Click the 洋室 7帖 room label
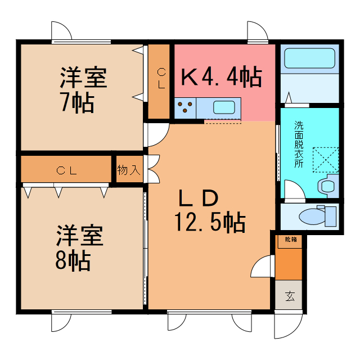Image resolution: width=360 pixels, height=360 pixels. pyautogui.click(x=83, y=90)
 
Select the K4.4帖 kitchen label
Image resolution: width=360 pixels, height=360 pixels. pyautogui.click(x=221, y=77)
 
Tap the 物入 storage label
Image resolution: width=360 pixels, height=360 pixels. pyautogui.click(x=129, y=170)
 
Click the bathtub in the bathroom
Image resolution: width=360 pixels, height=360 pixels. pyautogui.click(x=309, y=58)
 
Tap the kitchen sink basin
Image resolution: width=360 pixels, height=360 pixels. pyautogui.click(x=224, y=107)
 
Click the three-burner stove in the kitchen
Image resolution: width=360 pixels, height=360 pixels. pyautogui.click(x=186, y=107)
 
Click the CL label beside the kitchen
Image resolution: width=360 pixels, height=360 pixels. pyautogui.click(x=161, y=79)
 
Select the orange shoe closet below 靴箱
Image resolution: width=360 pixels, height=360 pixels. pyautogui.click(x=289, y=262)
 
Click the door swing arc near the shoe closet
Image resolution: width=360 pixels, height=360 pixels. pyautogui.click(x=262, y=265)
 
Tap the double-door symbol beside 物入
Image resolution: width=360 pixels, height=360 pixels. pyautogui.click(x=152, y=169)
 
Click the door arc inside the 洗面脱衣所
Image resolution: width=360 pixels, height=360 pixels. pyautogui.click(x=294, y=190)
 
